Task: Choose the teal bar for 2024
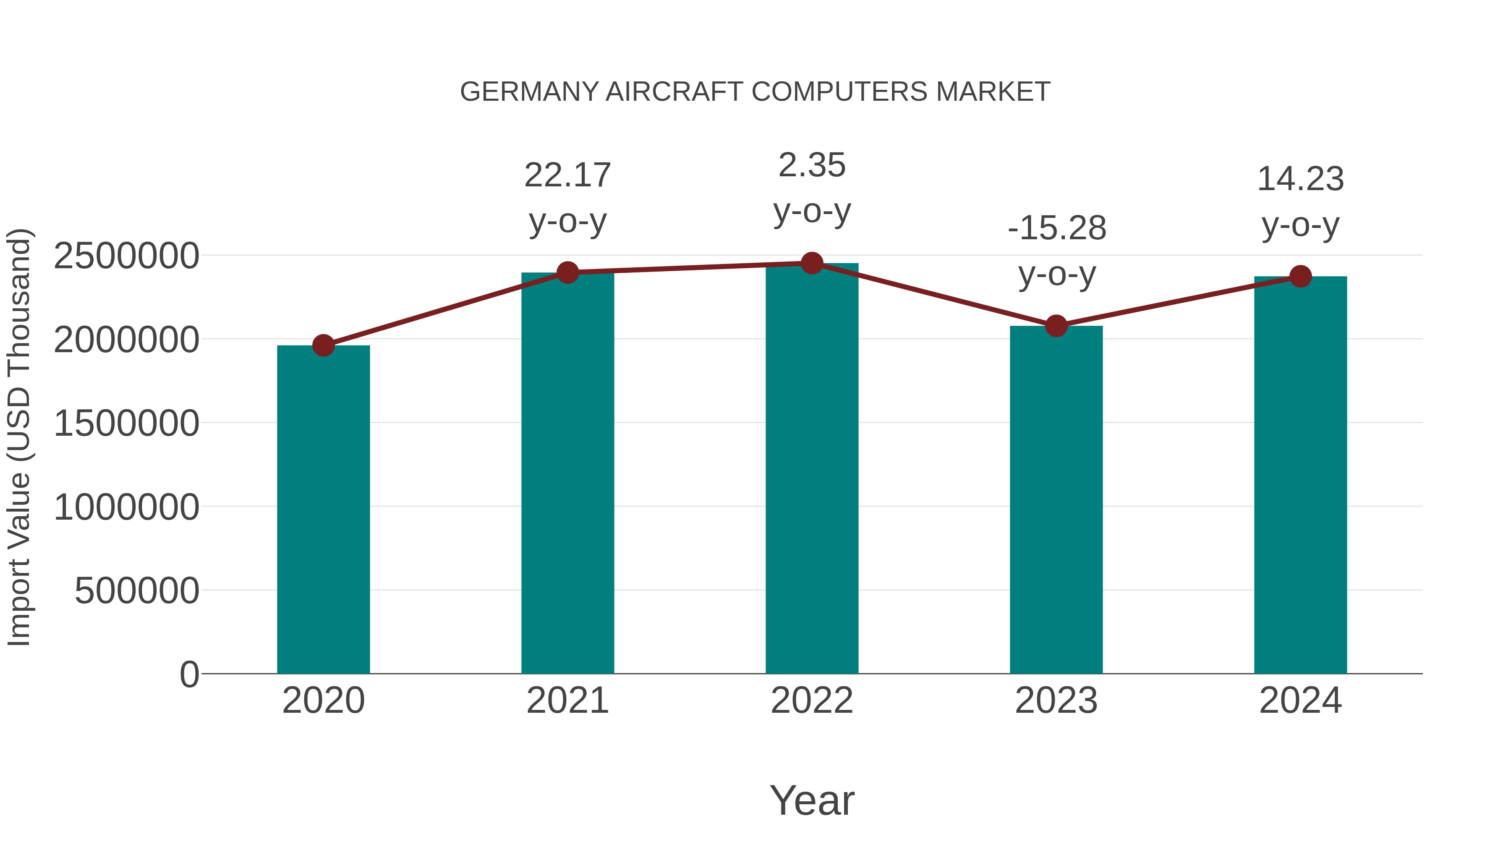point(1300,475)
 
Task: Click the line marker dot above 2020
point(323,345)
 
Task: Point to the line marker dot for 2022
point(812,263)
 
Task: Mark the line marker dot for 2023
point(1056,326)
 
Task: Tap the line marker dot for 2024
point(1300,276)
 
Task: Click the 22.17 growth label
point(567,175)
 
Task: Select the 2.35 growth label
point(812,165)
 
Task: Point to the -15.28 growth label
point(1056,228)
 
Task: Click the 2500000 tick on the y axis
point(126,256)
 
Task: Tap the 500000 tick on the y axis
point(137,591)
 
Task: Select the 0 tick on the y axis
point(189,675)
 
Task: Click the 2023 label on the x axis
point(1056,701)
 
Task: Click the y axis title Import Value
point(19,437)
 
